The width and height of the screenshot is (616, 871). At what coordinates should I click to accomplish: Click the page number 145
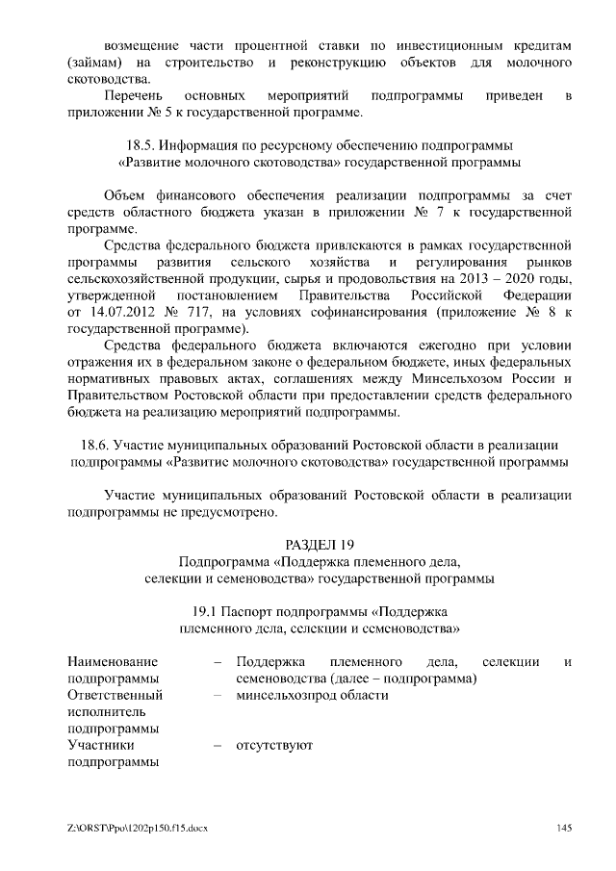tap(565, 828)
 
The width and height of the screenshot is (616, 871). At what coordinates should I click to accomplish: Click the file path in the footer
tap(138, 828)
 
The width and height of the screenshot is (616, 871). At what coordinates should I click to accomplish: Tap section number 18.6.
tap(92, 446)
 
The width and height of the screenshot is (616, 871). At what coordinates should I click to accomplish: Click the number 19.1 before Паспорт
tap(208, 611)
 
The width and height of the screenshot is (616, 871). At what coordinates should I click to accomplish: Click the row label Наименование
tap(113, 661)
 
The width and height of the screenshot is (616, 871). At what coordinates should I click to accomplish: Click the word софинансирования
tap(361, 312)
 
